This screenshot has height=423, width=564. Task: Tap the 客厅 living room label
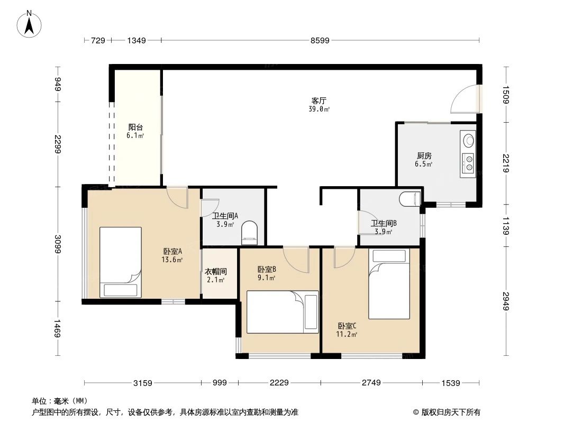click(318, 100)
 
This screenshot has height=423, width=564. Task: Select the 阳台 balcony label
click(136, 127)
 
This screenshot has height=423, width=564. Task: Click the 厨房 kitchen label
click(424, 155)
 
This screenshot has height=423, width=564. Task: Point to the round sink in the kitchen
click(468, 141)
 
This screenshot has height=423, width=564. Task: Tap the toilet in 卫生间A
click(249, 233)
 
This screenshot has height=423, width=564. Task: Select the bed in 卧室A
click(121, 262)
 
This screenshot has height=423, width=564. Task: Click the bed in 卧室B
click(283, 312)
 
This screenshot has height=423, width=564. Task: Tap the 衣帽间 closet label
click(216, 271)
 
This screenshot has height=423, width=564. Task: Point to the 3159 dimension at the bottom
click(142, 383)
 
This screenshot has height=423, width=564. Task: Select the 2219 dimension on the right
click(506, 163)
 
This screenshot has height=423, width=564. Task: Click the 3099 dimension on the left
click(58, 244)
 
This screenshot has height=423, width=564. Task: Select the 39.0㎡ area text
click(319, 109)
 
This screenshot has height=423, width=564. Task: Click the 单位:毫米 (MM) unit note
click(59, 401)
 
